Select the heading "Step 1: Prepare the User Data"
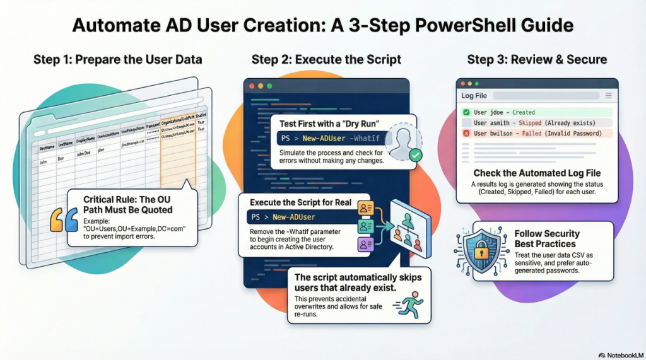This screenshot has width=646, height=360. [x=118, y=60]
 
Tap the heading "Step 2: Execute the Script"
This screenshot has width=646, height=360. [x=326, y=60]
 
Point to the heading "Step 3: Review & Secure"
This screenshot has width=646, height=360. [x=537, y=60]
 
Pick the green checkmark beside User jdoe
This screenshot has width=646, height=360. [x=466, y=112]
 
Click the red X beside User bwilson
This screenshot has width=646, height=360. [x=466, y=133]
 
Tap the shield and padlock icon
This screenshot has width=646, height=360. [x=478, y=250]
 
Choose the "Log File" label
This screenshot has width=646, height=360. [x=474, y=96]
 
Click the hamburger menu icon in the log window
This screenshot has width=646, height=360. [x=608, y=96]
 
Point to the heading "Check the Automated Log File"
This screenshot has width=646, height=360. [x=537, y=173]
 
